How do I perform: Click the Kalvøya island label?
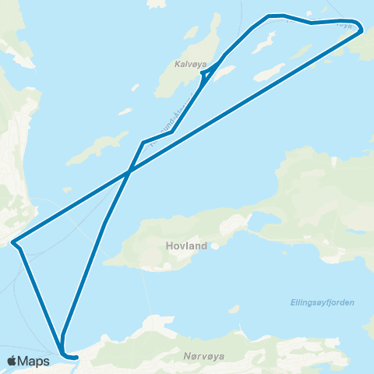click(191, 65)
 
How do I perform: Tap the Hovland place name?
click(187, 245)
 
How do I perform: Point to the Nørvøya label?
click(206, 356)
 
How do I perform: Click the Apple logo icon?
click(12, 361)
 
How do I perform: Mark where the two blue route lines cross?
click(129, 171)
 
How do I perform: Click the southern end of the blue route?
click(76, 358)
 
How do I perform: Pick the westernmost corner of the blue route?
click(12, 243)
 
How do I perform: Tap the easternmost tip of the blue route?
click(362, 29)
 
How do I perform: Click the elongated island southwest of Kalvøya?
click(97, 148)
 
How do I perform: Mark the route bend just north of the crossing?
click(143, 142)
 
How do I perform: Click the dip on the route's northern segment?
click(312, 23)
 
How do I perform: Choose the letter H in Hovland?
click(170, 245)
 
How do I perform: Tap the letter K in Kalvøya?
click(178, 65)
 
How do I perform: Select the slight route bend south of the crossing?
click(104, 223)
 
